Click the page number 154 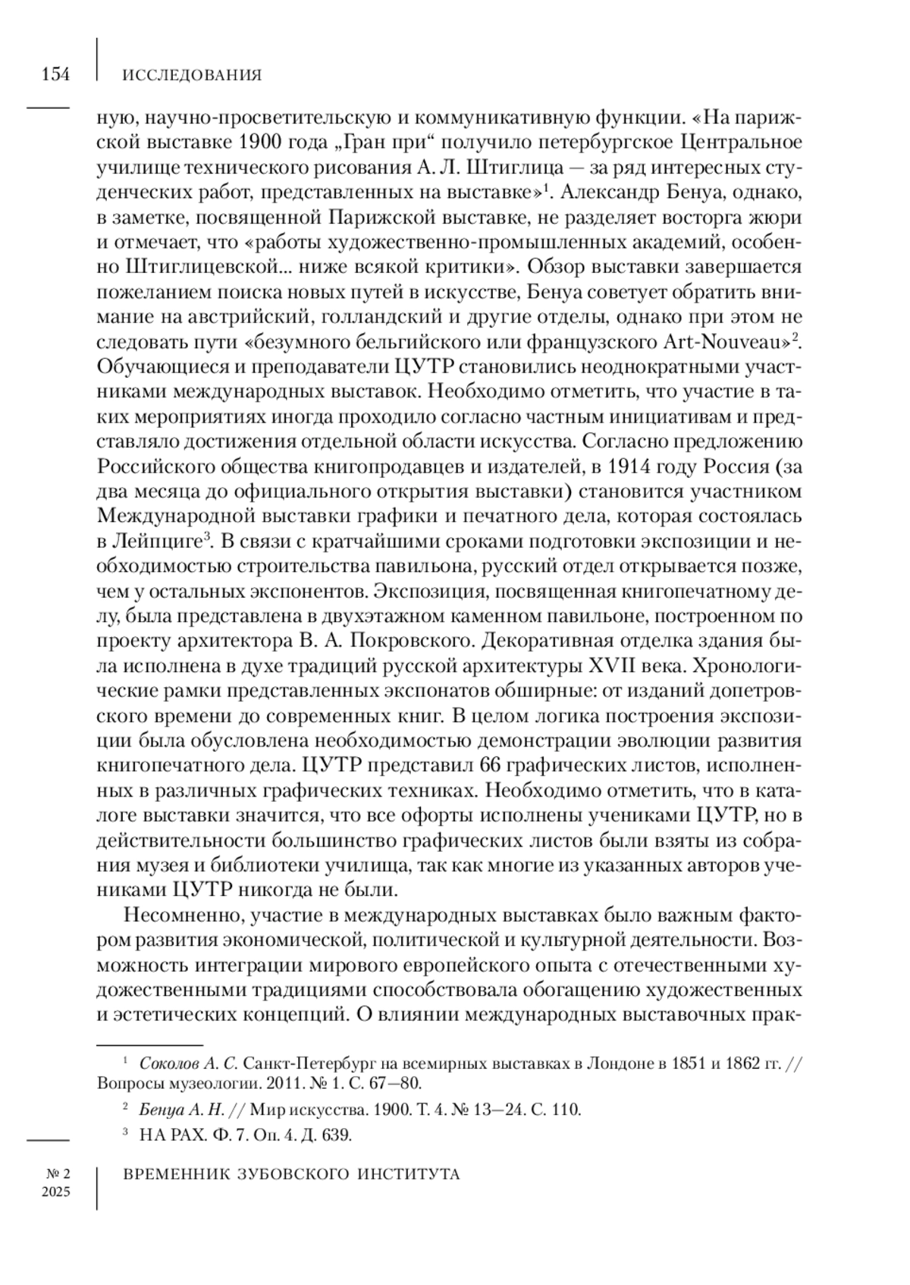55,74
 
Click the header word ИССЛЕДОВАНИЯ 192,75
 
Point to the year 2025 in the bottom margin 56,1192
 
